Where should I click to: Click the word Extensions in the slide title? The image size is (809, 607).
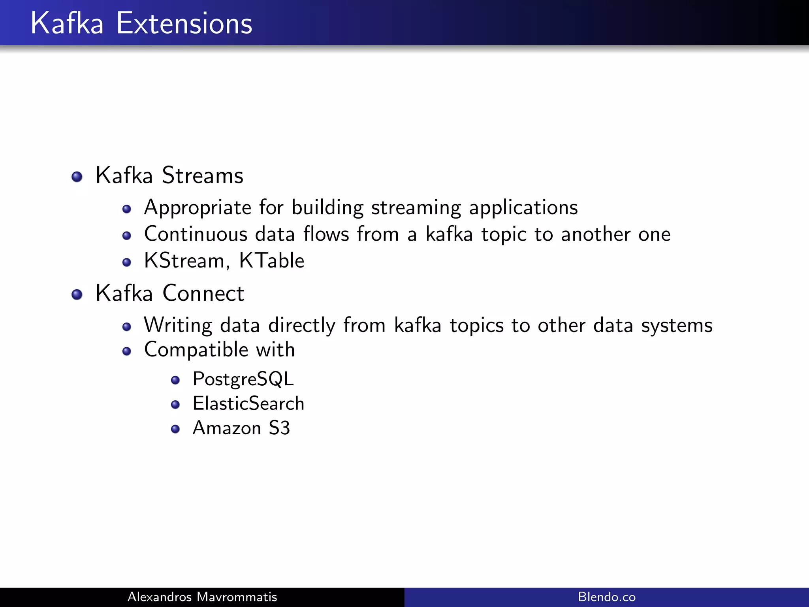(x=184, y=24)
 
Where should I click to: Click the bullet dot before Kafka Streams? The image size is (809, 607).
(x=77, y=177)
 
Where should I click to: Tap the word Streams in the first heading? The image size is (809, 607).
(x=203, y=175)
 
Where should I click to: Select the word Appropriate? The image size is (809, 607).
(x=198, y=208)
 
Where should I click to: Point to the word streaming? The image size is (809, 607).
(x=416, y=208)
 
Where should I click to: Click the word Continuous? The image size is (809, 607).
(x=196, y=234)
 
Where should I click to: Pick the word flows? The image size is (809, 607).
(x=326, y=234)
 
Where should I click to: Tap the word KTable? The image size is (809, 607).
(x=272, y=261)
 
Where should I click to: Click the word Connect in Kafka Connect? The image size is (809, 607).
(x=203, y=294)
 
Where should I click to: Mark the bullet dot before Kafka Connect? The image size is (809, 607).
(x=77, y=294)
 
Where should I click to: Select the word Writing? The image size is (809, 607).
(x=178, y=326)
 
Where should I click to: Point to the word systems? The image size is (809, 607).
(x=677, y=326)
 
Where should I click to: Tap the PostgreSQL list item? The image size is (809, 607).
(x=243, y=379)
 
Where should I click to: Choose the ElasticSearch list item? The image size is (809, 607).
(x=248, y=404)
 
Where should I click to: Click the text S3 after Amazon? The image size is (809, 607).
(x=279, y=428)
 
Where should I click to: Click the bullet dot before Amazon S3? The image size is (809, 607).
(x=175, y=429)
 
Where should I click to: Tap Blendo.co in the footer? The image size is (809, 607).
(x=607, y=597)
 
